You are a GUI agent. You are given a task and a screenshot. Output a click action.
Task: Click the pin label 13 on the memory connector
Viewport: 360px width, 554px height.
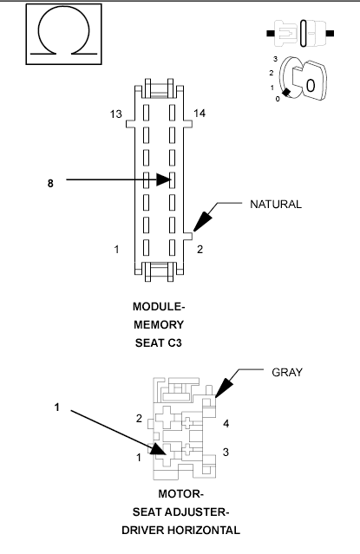coord(115,114)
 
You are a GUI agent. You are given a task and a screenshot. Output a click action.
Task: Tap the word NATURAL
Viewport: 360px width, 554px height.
coord(275,205)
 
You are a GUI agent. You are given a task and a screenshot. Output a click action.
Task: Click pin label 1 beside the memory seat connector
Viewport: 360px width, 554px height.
coord(116,250)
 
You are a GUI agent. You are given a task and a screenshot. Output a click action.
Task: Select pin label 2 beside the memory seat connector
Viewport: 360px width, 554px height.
coord(200,250)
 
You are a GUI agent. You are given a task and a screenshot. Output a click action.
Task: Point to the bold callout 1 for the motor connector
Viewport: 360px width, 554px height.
coord(56,406)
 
